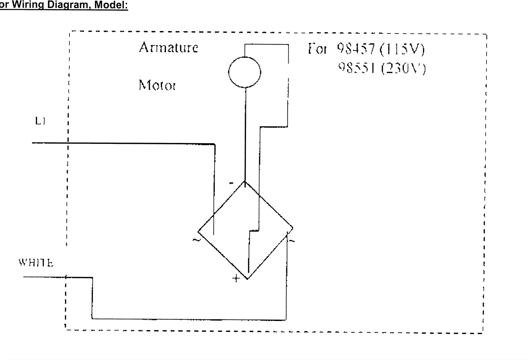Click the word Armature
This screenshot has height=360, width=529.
(169, 48)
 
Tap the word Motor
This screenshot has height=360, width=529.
(157, 85)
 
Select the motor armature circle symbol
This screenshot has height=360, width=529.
(245, 72)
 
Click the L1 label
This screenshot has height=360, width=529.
(40, 121)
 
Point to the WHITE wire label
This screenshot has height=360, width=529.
(36, 263)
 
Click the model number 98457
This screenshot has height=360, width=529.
(356, 49)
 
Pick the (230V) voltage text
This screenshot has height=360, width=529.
(403, 68)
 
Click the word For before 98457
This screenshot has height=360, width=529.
(317, 49)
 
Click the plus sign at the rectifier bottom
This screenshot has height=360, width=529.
(236, 278)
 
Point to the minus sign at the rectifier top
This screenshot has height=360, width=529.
(231, 183)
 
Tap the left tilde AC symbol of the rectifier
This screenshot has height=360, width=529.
(196, 240)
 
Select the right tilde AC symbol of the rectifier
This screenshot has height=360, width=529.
(292, 241)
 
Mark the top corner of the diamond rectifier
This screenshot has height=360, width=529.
(245, 181)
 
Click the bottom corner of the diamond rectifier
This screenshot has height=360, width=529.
(247, 279)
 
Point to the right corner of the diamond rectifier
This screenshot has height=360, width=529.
(293, 228)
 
